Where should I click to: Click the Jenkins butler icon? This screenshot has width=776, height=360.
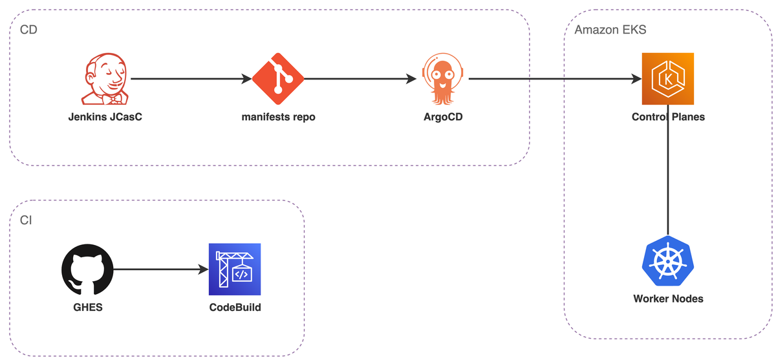click(105, 79)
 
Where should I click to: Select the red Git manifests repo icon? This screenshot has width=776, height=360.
click(278, 79)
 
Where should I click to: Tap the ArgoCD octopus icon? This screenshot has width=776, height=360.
click(443, 79)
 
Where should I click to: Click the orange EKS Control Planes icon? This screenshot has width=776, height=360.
click(668, 79)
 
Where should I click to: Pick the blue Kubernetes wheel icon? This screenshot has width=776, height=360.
click(668, 260)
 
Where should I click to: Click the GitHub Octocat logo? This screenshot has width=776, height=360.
click(87, 270)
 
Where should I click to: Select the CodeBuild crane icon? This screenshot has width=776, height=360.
click(235, 270)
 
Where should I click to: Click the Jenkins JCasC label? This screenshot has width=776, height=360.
click(105, 117)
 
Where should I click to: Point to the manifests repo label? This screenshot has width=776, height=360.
click(278, 117)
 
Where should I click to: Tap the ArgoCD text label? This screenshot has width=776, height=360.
click(443, 117)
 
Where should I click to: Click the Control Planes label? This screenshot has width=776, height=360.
click(668, 117)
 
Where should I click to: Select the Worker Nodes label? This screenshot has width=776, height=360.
click(668, 299)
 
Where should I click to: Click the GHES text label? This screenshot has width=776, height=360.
click(88, 308)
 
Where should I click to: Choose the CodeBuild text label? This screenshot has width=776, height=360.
click(235, 308)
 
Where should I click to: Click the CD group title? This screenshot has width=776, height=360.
click(28, 30)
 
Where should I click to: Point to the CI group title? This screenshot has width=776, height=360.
click(26, 220)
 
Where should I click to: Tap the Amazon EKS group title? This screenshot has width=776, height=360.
click(610, 30)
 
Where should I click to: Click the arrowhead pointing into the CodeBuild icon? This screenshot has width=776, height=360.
click(203, 270)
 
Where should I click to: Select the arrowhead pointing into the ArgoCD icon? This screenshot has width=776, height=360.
click(411, 79)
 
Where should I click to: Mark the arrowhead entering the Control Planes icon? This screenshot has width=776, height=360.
click(636, 79)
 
